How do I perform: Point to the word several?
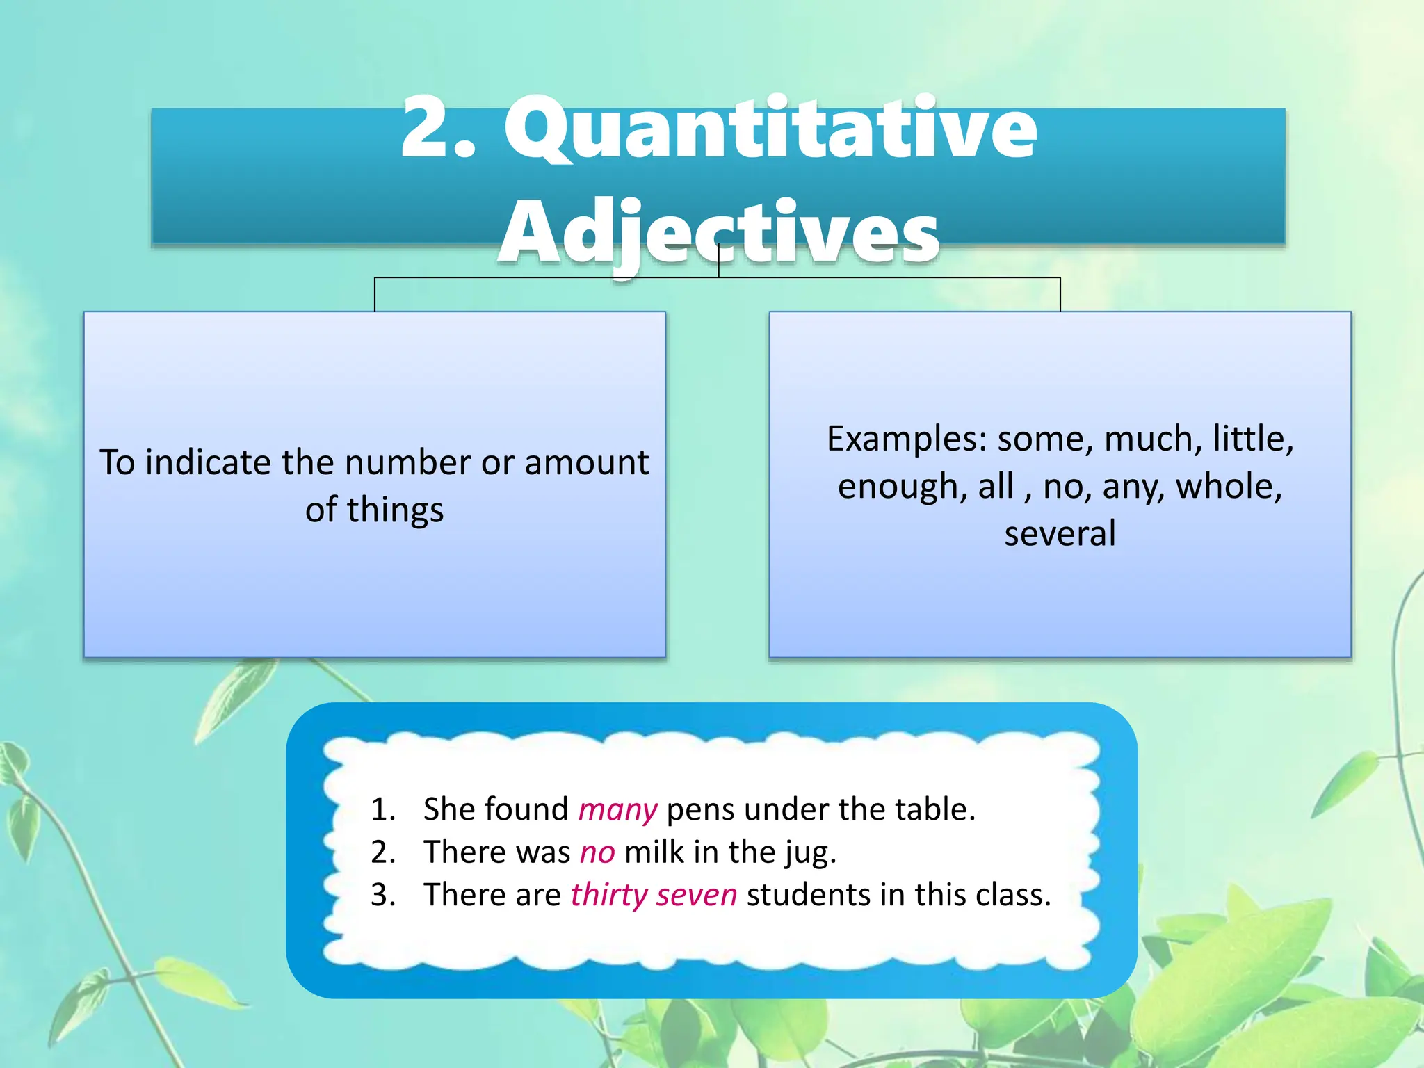(1060, 534)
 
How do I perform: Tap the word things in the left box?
(395, 510)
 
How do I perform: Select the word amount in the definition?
(587, 463)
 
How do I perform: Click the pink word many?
(617, 810)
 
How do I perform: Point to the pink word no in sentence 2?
(597, 852)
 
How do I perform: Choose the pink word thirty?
(609, 896)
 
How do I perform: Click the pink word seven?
(696, 896)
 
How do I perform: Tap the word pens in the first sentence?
(700, 810)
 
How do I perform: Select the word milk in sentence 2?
(654, 852)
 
